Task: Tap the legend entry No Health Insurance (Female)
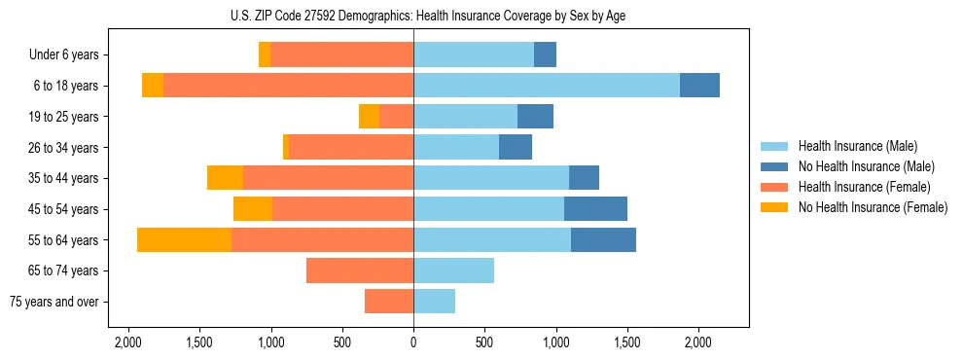(873, 207)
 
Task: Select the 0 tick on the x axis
(413, 342)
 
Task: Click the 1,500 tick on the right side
(627, 342)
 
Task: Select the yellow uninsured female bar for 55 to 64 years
(184, 240)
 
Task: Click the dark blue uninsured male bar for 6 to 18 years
(699, 86)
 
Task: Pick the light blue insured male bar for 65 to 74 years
(453, 270)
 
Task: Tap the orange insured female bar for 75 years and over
(389, 302)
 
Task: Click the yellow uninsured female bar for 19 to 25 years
(369, 117)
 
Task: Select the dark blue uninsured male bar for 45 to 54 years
(595, 209)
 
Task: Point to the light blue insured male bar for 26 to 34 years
(456, 148)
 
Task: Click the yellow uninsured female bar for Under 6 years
(265, 55)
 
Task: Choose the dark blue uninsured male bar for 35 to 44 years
(584, 178)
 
